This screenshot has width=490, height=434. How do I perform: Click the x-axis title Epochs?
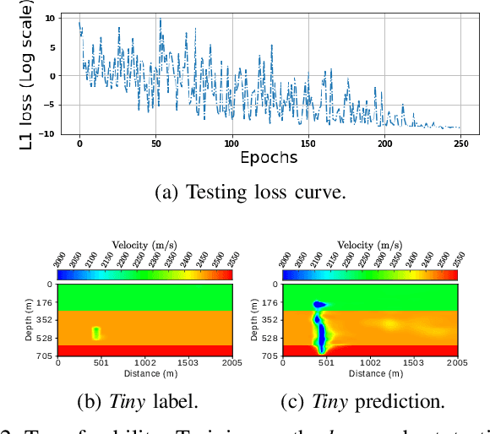click(x=269, y=158)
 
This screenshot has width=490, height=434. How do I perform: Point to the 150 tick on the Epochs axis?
click(x=310, y=142)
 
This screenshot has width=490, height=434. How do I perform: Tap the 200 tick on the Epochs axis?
click(x=386, y=142)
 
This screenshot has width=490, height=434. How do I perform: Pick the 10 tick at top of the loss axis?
click(x=51, y=18)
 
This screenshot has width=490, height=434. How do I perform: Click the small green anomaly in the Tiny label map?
click(x=96, y=333)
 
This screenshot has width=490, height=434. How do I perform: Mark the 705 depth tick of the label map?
click(x=45, y=356)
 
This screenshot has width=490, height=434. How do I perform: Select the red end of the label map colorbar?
click(x=224, y=274)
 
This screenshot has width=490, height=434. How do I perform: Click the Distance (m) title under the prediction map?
click(x=371, y=373)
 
